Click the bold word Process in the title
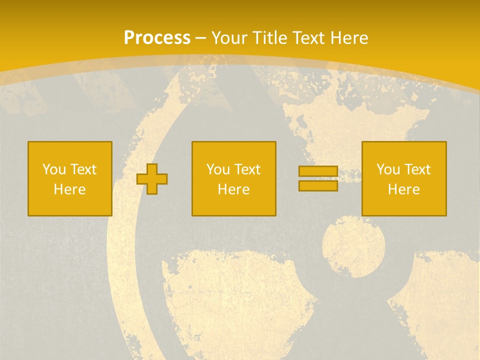click(157, 38)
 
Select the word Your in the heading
click(228, 38)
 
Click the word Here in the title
click(349, 38)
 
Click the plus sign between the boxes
click(152, 179)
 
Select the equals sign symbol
click(318, 178)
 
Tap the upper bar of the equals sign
click(318, 171)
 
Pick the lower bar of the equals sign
click(318, 185)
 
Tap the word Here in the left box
click(70, 189)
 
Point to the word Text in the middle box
click(248, 169)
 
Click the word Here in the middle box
click(234, 189)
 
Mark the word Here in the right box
click(404, 189)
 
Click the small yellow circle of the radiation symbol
click(353, 245)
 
